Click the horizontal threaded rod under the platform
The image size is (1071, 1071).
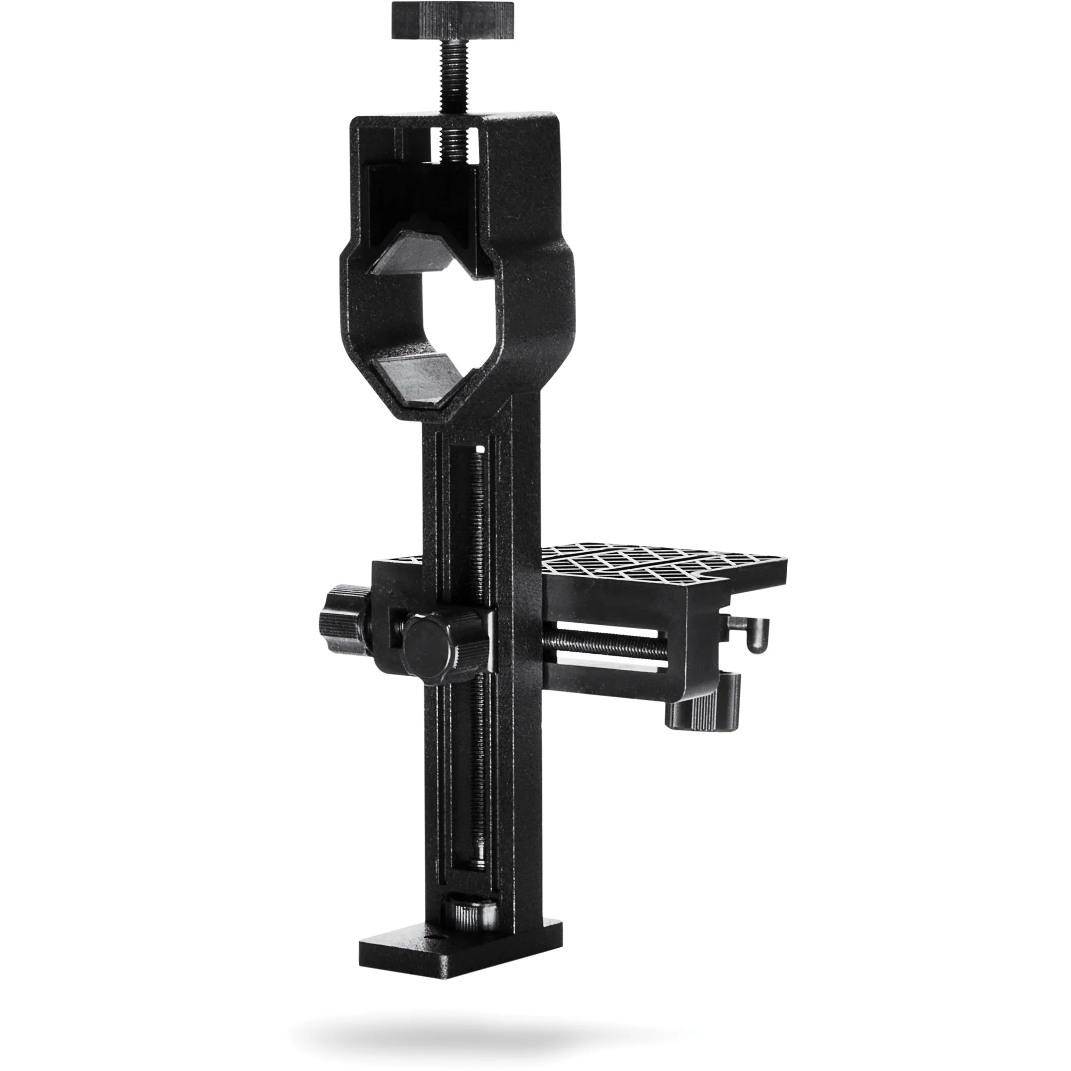599,645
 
